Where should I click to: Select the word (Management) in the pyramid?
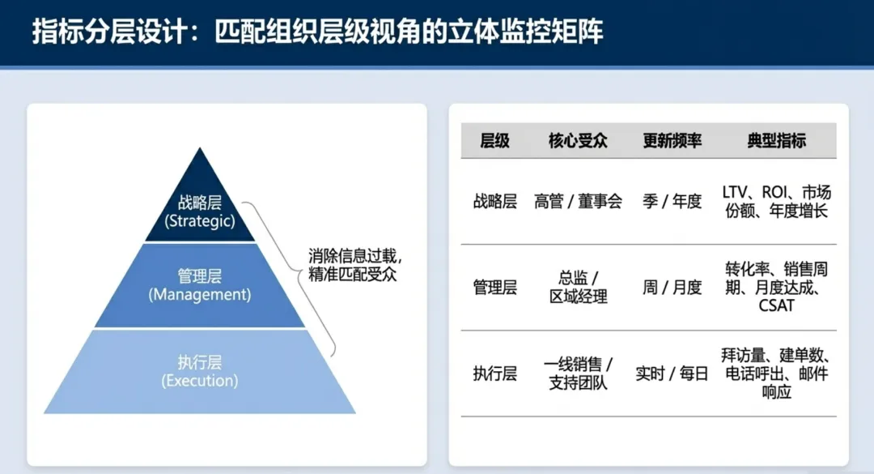click(200, 295)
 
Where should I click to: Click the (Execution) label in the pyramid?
click(200, 381)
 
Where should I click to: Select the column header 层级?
click(494, 141)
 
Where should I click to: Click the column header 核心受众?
click(578, 141)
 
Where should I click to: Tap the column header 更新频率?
click(672, 141)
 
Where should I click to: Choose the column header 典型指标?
click(776, 141)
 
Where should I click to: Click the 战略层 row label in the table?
click(494, 202)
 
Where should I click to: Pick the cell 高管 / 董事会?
click(578, 202)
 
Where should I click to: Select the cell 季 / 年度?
click(672, 202)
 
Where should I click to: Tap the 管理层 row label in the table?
click(494, 288)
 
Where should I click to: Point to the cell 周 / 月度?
click(672, 288)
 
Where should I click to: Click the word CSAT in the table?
click(776, 306)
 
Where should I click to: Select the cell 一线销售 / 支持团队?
click(578, 374)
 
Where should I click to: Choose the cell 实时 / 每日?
click(672, 374)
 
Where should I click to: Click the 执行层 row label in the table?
click(494, 374)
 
